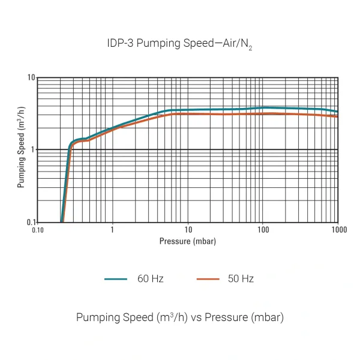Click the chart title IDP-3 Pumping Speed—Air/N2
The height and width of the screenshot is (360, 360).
(179, 44)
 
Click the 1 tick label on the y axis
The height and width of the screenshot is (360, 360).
(32, 149)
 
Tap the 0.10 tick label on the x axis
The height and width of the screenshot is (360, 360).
(37, 230)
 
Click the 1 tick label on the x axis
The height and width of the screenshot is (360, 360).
(112, 230)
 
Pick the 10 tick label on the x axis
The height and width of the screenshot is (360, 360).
(188, 230)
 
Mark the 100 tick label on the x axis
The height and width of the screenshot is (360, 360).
(263, 230)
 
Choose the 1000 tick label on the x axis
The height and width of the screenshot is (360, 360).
(338, 230)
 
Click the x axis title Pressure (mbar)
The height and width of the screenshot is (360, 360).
(188, 241)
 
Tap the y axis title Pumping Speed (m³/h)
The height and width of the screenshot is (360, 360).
(21, 150)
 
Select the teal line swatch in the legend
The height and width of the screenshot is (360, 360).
(116, 279)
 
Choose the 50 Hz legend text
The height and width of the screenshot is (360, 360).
(241, 279)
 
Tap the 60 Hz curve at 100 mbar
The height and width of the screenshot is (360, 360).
(263, 108)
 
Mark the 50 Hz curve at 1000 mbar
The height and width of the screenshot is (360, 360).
(338, 116)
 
